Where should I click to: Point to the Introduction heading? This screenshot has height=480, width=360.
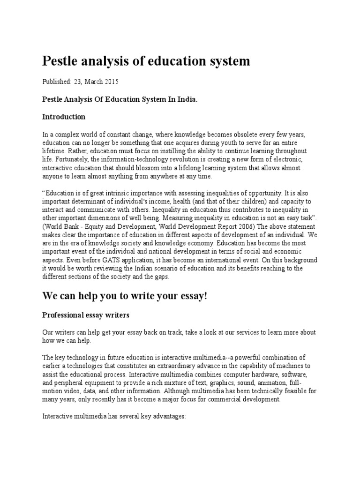pos(64,116)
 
